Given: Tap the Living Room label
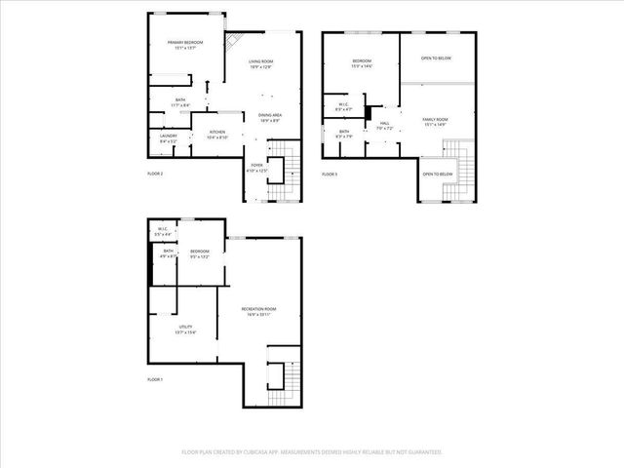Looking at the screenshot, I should point(261,64).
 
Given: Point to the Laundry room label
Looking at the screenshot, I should point(168,138).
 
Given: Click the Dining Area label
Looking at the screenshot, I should point(270,117).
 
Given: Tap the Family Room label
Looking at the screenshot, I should point(434,122).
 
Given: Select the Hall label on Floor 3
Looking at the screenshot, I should point(383,125).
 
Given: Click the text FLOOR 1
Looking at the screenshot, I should point(155,378).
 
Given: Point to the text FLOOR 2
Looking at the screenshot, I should point(155,174).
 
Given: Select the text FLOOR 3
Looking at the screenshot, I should point(330,174).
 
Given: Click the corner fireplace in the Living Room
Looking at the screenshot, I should point(233,44).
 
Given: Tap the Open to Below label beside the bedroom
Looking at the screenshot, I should point(436,58).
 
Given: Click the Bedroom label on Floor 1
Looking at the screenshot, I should point(200,254).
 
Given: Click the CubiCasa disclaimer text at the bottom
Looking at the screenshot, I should point(312,451).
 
